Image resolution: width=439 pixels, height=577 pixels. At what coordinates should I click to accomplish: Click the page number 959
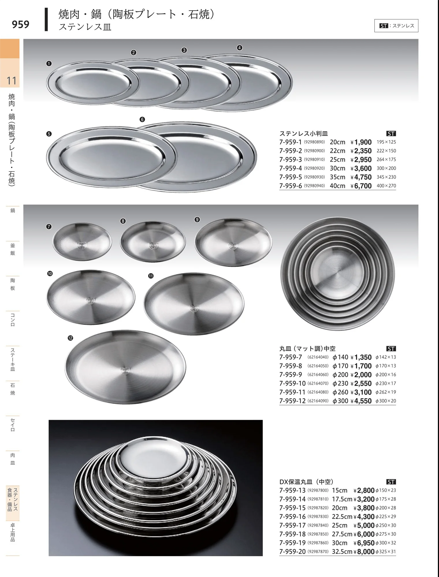tap(21, 25)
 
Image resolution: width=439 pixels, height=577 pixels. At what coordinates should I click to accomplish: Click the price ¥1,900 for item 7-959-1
tap(361, 142)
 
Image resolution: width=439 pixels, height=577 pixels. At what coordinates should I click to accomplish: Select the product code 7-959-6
tap(291, 186)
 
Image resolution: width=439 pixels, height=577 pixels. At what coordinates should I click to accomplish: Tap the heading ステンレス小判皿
tap(304, 134)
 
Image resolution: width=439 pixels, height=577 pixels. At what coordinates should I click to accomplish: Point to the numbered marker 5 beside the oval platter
tap(49, 134)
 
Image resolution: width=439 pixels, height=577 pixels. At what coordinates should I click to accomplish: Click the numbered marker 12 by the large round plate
tap(70, 338)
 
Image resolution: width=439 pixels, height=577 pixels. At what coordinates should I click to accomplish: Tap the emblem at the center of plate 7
tap(82, 246)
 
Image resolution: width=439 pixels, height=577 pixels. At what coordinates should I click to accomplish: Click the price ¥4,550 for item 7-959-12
tap(361, 401)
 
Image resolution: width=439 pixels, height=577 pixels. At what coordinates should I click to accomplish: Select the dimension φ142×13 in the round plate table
tap(386, 357)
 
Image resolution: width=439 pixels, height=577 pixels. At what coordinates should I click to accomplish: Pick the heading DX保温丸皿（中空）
tap(306, 482)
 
